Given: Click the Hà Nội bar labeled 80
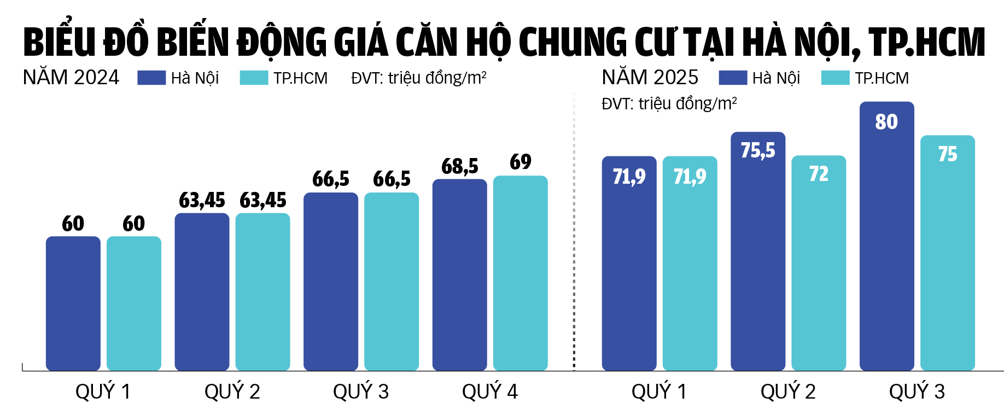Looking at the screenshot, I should [886, 241].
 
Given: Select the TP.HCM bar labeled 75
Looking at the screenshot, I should [947, 257].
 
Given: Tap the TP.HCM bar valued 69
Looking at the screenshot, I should [520, 273].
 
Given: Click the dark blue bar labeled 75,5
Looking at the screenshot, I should [758, 257].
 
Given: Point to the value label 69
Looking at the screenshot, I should [520, 162].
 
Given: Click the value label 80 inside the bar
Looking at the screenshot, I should [886, 121].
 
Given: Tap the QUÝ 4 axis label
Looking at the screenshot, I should [489, 392].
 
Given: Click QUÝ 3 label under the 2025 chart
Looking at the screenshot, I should [917, 392].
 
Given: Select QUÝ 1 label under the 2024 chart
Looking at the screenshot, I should [103, 392].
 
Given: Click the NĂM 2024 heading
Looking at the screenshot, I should [71, 78].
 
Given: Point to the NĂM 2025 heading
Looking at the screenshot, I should [650, 78].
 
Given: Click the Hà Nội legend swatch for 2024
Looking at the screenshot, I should [151, 78].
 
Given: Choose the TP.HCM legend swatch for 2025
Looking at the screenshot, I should [835, 78].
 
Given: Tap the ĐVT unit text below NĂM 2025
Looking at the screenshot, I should [669, 103].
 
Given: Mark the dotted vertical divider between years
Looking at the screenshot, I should [574, 230].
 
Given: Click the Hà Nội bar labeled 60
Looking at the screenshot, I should [73, 303].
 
